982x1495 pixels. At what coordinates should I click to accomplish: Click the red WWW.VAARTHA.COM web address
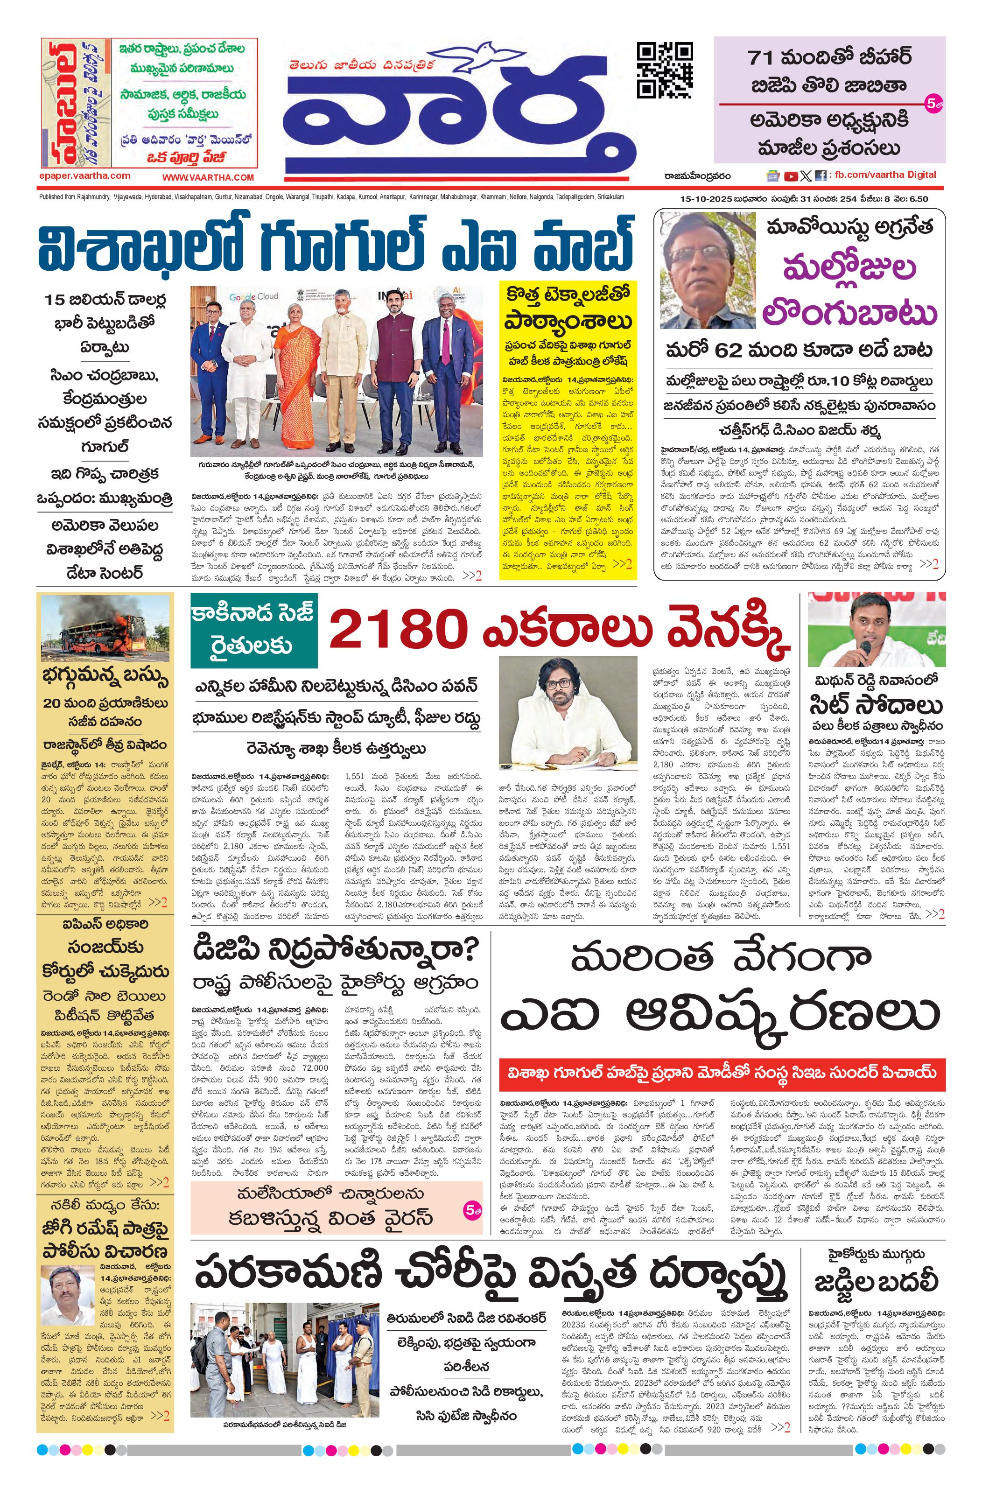pos(208,178)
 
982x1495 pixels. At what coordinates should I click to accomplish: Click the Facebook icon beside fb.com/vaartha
pos(820,176)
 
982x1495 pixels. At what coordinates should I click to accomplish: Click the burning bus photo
pos(105,629)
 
